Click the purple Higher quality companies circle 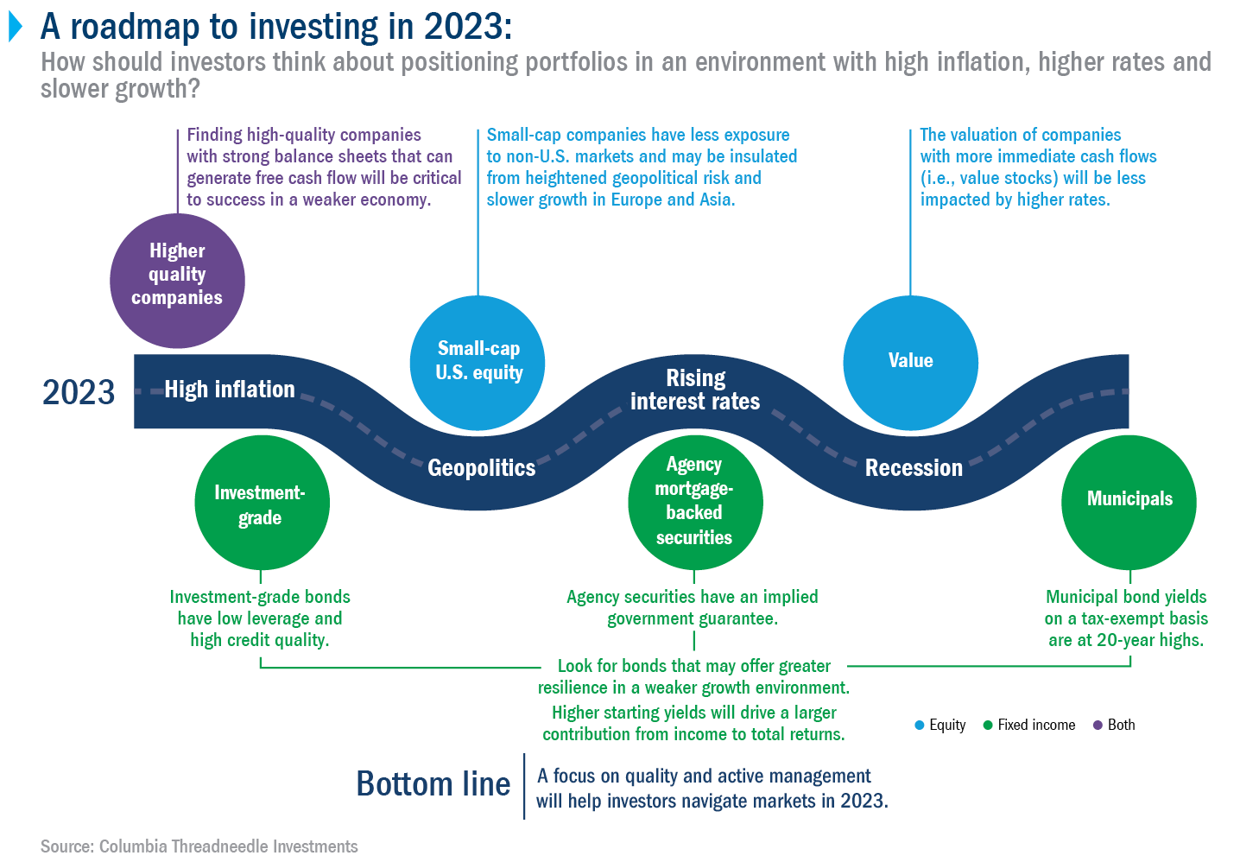click(x=177, y=281)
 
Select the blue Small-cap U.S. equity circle click(x=478, y=364)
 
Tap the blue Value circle click(x=910, y=364)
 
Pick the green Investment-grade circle click(x=262, y=503)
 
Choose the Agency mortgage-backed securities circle click(x=695, y=503)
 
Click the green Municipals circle click(x=1129, y=503)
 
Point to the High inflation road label click(x=230, y=389)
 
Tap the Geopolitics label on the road click(x=482, y=468)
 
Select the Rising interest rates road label click(x=695, y=390)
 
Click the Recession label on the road click(x=914, y=468)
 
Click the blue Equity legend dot click(x=920, y=726)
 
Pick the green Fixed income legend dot click(x=988, y=726)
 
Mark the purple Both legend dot click(x=1098, y=726)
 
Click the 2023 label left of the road click(x=79, y=392)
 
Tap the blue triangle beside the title click(x=16, y=27)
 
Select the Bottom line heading click(x=433, y=784)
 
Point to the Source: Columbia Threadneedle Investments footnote click(x=199, y=846)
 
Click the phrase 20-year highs click(x=1150, y=641)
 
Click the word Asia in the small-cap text click(x=718, y=200)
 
